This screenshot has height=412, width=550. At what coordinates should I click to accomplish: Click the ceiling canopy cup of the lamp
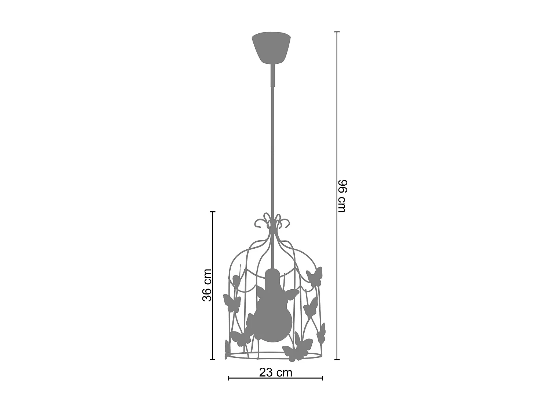click(271, 48)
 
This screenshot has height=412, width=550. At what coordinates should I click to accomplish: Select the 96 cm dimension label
click(342, 196)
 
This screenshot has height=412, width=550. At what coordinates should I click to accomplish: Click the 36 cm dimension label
click(207, 285)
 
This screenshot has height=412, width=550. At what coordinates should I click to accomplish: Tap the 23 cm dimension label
click(276, 372)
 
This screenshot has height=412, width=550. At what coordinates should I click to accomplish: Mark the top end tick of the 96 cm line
click(338, 32)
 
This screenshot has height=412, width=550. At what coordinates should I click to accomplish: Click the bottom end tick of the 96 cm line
click(338, 359)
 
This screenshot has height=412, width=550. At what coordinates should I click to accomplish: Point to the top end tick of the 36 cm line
click(212, 212)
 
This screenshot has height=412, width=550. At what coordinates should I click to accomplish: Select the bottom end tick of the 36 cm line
click(212, 359)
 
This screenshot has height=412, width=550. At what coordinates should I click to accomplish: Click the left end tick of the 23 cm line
click(228, 378)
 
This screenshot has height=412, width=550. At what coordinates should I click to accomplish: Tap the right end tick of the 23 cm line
click(323, 378)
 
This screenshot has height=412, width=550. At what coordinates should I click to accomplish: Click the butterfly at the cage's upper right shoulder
click(315, 276)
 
